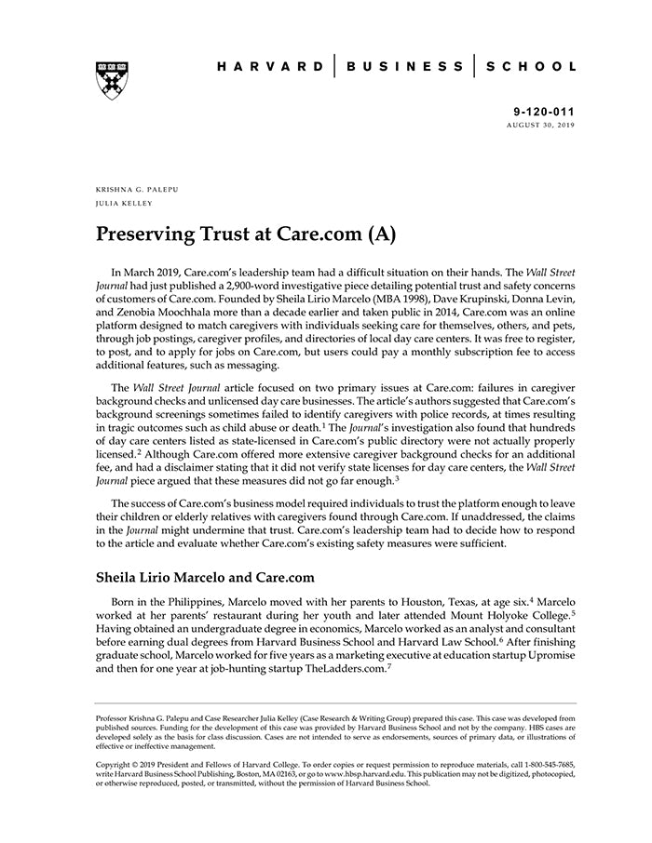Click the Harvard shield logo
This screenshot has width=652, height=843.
click(111, 80)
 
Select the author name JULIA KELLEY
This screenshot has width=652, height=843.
click(124, 202)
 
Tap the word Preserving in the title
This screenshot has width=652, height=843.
click(147, 233)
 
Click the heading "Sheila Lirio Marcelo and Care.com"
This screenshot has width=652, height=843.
click(205, 577)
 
